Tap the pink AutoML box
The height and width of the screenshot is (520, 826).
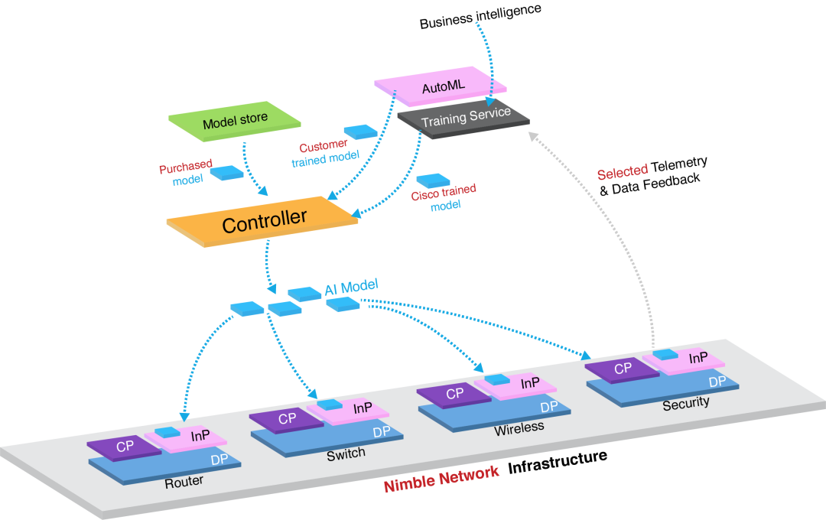point(443,86)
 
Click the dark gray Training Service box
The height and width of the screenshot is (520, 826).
point(465,118)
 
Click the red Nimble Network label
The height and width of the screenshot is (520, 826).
point(441,478)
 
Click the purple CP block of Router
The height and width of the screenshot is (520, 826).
point(125,446)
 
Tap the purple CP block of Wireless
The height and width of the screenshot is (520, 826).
point(454,395)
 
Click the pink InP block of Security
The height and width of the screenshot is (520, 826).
point(694,359)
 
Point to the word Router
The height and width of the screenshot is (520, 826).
point(184,482)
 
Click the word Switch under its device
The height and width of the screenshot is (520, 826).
point(346,453)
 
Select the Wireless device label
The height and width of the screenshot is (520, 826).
point(519,427)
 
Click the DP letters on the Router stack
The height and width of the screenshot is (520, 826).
point(220,459)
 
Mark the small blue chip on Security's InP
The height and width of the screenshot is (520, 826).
point(665,355)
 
